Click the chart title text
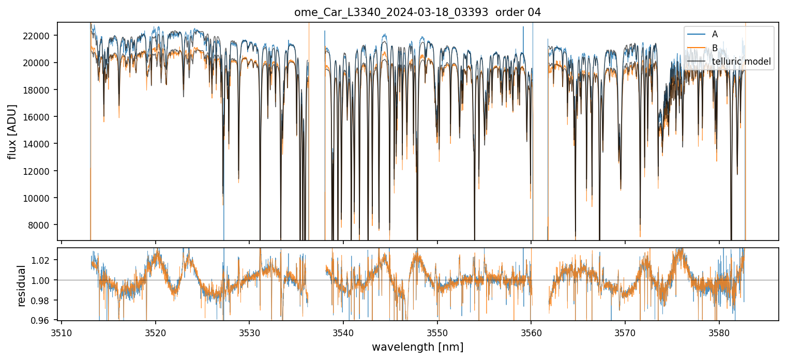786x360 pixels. (417, 12)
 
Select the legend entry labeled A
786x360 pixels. (715, 34)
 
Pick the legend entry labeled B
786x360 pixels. (715, 48)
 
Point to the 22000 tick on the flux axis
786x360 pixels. (40, 36)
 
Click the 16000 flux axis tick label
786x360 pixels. (40, 117)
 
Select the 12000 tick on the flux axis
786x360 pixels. (40, 171)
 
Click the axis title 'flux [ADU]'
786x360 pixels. (12, 131)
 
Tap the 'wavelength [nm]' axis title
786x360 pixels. (417, 347)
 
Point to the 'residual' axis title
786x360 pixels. (21, 286)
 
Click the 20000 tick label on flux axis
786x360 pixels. (40, 63)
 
